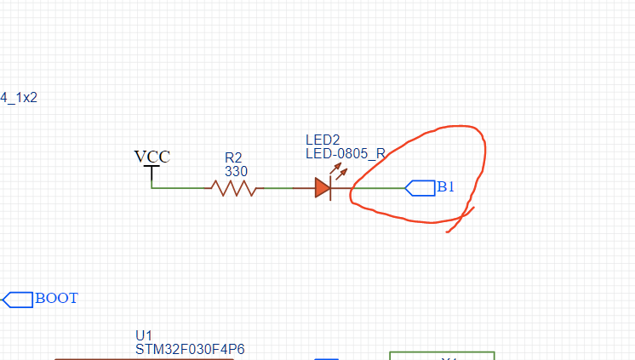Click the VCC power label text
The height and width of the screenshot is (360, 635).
click(152, 157)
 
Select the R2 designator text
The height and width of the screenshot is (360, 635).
click(233, 157)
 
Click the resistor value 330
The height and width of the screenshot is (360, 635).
click(236, 171)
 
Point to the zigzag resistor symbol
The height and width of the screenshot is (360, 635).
click(234, 188)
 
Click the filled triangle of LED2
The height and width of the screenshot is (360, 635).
click(322, 188)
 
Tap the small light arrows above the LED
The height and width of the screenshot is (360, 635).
click(340, 172)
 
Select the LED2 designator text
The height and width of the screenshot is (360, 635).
click(323, 139)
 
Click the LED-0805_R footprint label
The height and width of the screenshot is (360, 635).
click(346, 153)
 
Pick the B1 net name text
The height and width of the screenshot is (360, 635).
click(447, 187)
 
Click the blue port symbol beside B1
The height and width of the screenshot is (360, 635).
click(420, 188)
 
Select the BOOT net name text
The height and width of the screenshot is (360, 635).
click(56, 299)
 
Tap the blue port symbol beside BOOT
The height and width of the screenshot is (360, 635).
click(18, 300)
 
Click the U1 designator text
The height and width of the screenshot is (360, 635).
click(144, 334)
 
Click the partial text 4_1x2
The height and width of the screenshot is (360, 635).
click(19, 98)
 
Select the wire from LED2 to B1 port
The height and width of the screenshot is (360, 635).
click(375, 188)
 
